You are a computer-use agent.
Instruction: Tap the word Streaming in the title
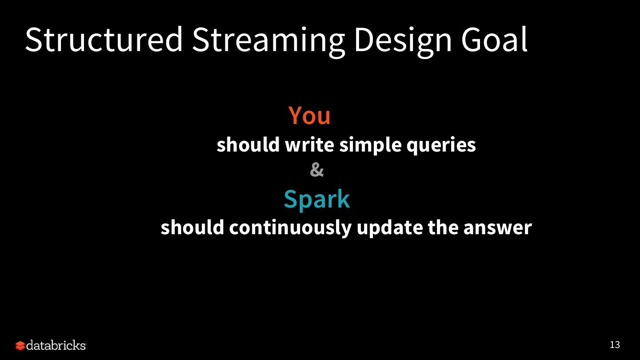click(268, 42)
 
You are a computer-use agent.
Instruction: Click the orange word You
click(309, 115)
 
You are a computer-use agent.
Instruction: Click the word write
click(309, 144)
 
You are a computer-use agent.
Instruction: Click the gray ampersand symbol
click(317, 170)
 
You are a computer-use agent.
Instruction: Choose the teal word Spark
click(317, 200)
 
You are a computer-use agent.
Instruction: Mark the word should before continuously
click(192, 227)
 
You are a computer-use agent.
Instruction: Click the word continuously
click(290, 228)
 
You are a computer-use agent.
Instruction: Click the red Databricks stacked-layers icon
click(20, 346)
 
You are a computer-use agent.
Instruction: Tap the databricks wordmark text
click(56, 345)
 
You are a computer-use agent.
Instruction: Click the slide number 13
click(615, 344)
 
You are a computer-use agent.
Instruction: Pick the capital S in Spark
click(290, 199)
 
